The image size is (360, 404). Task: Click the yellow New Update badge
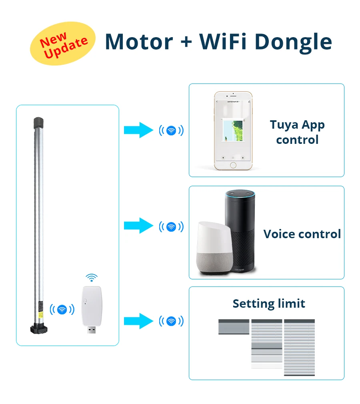pyautogui.click(x=63, y=44)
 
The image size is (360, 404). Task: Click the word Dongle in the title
pyautogui.click(x=293, y=42)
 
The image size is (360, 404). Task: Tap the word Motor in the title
pyautogui.click(x=139, y=41)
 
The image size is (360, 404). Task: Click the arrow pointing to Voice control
pyautogui.click(x=138, y=226)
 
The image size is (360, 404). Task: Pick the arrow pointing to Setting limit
pyautogui.click(x=138, y=321)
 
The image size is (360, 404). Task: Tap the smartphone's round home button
pyautogui.click(x=233, y=165)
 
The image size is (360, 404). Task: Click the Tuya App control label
pyautogui.click(x=297, y=132)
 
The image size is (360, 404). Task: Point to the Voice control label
pyautogui.click(x=302, y=234)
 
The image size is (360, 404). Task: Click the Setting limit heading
pyautogui.click(x=269, y=304)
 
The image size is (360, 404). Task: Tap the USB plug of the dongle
pyautogui.click(x=92, y=330)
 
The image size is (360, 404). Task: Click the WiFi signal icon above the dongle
pyautogui.click(x=92, y=278)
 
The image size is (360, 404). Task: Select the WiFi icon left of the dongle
pyautogui.click(x=62, y=309)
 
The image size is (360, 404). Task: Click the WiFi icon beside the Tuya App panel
pyautogui.click(x=171, y=130)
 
